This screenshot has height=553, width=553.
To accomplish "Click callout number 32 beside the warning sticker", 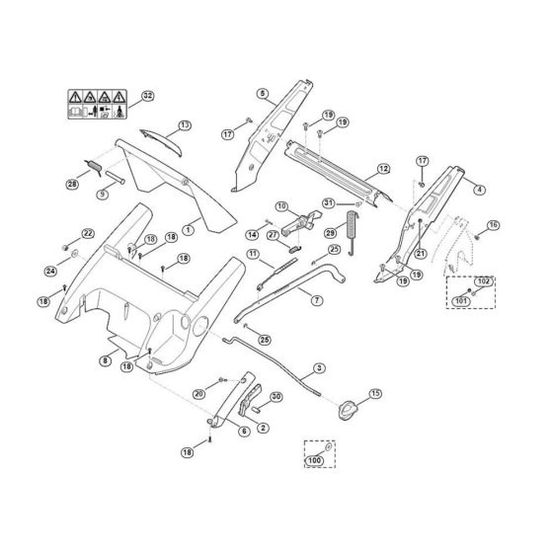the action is tap(148, 96).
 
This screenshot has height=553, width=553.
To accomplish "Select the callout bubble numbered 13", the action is tap(185, 125).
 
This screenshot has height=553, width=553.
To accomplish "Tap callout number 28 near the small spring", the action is tap(72, 184).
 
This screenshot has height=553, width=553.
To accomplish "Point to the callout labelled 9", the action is tap(103, 194).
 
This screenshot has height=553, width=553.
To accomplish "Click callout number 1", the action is tap(189, 230).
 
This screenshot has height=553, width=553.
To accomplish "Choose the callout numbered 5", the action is tap(263, 94).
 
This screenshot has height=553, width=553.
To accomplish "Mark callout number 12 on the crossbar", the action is tap(383, 169).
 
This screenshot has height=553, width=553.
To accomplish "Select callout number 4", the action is tap(479, 190).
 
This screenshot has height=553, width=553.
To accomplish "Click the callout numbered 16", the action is tap(494, 225).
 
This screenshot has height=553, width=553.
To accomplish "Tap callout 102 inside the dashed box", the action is tap(484, 281).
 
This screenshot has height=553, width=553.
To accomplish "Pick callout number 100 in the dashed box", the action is tap(314, 460).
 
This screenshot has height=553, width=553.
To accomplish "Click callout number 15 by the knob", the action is tap(375, 393).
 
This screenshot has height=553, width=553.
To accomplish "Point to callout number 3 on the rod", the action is tap(319, 368).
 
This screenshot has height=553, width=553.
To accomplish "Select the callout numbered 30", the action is tap(276, 397).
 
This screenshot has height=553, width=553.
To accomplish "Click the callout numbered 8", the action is tap(105, 360).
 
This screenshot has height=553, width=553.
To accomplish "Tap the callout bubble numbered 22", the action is tap(88, 233).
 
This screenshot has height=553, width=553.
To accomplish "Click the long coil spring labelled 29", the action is tap(353, 233).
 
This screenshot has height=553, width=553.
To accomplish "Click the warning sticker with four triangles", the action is tap(98, 105).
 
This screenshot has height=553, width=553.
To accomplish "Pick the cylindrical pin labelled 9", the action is tap(115, 177).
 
